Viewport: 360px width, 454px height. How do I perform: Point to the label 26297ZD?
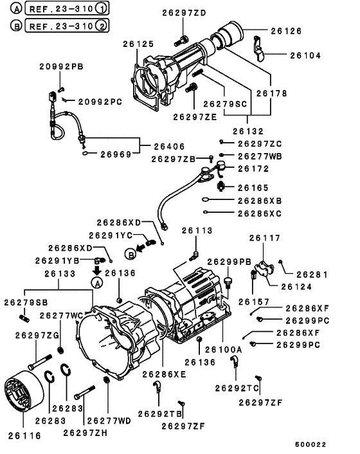(x=184, y=13)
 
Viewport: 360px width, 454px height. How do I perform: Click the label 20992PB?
(x=61, y=67)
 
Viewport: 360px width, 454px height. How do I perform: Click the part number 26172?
(x=253, y=168)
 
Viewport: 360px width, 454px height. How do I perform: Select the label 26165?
(x=253, y=188)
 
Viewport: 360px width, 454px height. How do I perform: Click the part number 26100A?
(x=224, y=349)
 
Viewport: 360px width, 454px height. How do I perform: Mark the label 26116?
(x=24, y=435)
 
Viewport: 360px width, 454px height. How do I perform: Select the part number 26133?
(x=60, y=274)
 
